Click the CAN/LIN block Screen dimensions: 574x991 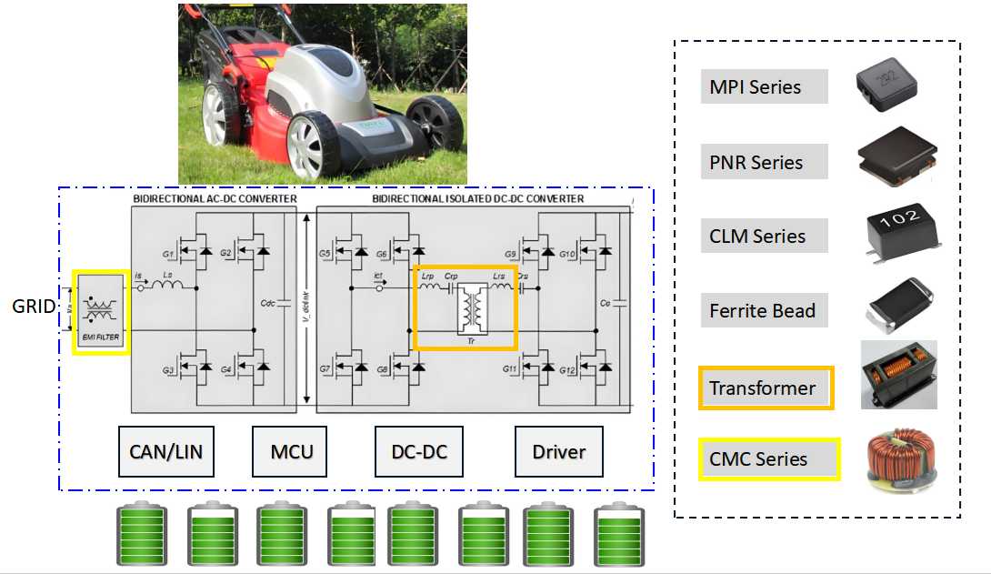166,451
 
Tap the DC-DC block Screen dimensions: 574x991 421,451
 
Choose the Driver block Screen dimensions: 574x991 558,451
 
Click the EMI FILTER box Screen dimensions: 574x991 101,312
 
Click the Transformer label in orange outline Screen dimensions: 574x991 764,388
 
